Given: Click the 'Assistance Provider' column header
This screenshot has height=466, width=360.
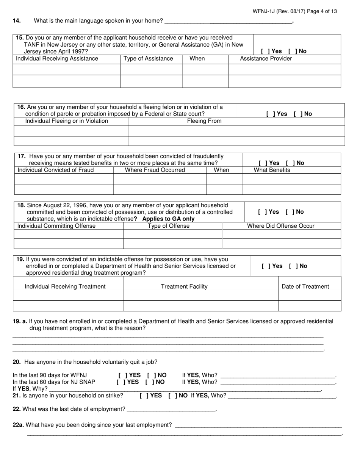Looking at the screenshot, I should (x=266, y=59).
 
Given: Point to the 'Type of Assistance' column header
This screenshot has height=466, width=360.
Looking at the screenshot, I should (x=148, y=59).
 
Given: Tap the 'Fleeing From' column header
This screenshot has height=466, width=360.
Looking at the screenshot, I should (x=204, y=121).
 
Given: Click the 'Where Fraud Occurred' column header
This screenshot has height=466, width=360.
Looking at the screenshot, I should (x=155, y=170).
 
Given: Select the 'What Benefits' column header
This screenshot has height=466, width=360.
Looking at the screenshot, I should (x=272, y=170).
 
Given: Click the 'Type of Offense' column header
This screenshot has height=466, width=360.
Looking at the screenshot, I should (x=169, y=226).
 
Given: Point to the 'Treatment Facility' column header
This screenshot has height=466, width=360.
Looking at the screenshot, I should (x=184, y=286).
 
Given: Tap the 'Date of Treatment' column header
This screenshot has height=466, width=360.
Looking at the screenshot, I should (x=305, y=286).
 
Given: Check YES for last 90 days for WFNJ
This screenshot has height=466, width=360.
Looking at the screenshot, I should (x=121, y=375).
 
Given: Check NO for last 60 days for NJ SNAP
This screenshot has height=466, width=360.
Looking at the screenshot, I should (x=148, y=382).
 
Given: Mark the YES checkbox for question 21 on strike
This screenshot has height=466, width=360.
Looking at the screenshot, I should (x=142, y=396).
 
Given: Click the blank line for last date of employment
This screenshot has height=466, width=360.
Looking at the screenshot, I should (x=171, y=409).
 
